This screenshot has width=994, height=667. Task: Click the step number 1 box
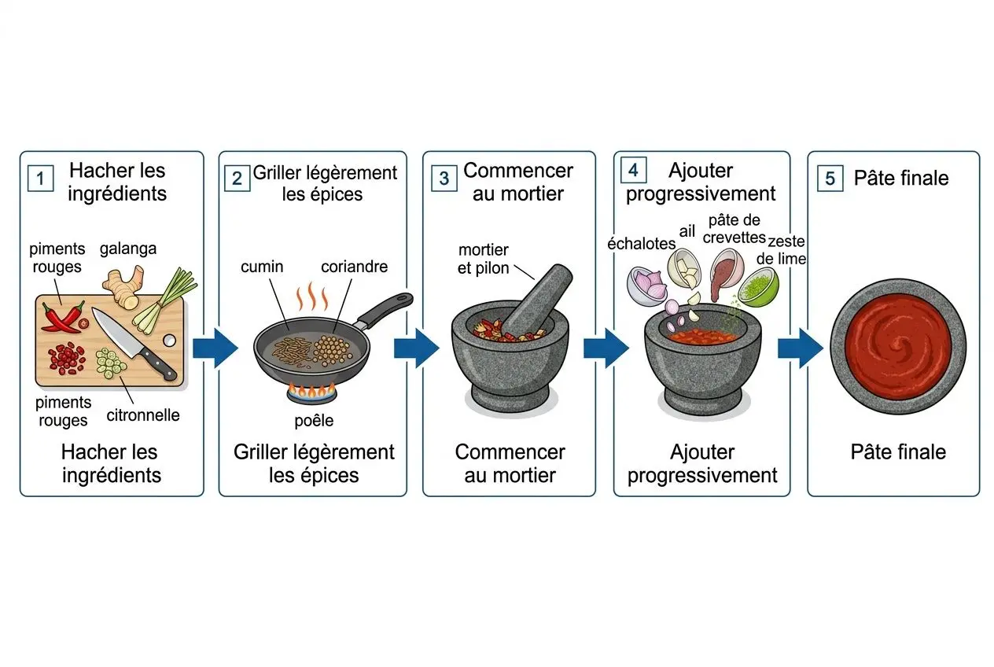40,179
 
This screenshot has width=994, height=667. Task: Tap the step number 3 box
444,179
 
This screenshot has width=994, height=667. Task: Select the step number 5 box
830,179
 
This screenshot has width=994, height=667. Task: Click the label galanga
128,249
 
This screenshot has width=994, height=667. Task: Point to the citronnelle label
143,415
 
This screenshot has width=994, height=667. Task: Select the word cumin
262,267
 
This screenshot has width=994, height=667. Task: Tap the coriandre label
354,267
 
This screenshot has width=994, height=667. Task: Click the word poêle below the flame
313,421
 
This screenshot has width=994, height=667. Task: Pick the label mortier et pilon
484,258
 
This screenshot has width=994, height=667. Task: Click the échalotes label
641,243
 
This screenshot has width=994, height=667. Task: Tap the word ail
687,230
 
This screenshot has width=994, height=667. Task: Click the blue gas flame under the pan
312,389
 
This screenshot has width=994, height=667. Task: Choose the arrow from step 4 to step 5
799,346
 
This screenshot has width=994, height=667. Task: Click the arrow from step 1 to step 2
214,346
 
